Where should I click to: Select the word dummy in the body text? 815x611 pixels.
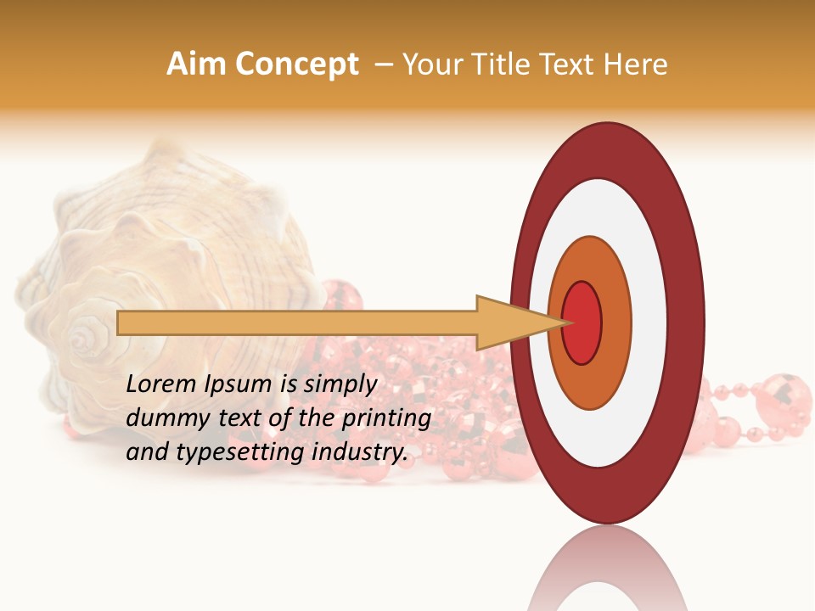(x=160, y=418)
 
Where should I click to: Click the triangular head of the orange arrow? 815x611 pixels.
(x=509, y=322)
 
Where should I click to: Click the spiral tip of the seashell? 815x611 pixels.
(x=83, y=339)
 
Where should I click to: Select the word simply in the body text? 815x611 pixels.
(x=340, y=384)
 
